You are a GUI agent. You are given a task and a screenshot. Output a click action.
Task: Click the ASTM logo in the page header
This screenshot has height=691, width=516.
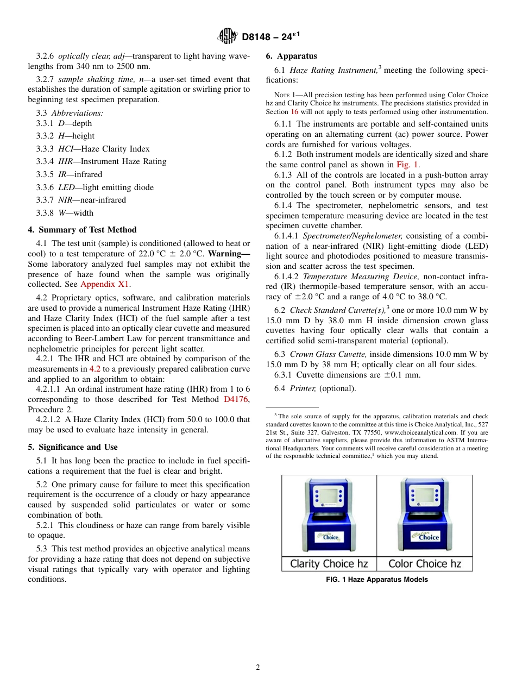click(227, 36)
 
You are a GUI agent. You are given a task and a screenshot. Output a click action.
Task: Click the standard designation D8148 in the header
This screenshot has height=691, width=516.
click(260, 37)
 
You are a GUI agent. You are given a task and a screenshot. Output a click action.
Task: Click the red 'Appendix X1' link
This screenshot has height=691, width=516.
click(105, 284)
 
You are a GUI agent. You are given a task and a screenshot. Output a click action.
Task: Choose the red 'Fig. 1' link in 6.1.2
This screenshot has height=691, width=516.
click(407, 165)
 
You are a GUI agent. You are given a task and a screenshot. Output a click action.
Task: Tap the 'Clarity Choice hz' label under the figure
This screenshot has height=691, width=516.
click(329, 564)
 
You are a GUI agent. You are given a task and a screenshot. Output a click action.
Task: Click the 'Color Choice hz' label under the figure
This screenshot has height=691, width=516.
click(424, 564)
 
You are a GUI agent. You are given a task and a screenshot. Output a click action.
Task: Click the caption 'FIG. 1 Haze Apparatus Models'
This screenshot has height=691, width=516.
click(376, 580)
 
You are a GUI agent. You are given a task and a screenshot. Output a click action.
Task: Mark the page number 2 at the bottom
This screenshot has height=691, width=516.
click(258, 668)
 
